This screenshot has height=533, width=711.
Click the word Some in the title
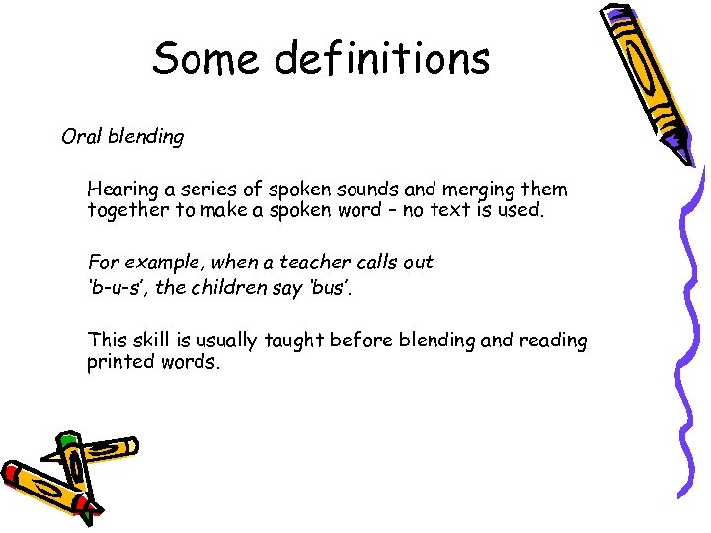pos(205,58)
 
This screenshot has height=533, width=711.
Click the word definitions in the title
pos(382,58)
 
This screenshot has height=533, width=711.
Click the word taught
pos(291,341)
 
